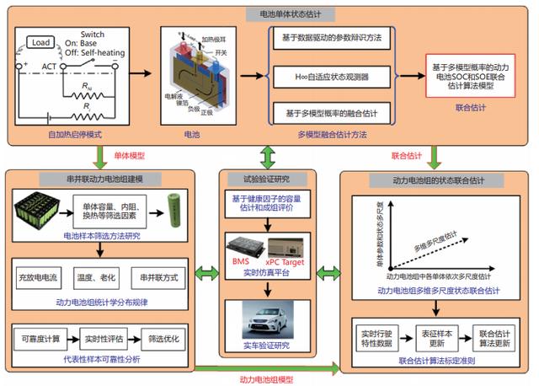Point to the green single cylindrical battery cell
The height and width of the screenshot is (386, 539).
tap(179, 207)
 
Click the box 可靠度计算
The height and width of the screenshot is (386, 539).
tap(40, 338)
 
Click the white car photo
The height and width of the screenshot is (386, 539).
tap(269, 323)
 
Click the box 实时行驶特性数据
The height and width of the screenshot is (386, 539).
tap(380, 335)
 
